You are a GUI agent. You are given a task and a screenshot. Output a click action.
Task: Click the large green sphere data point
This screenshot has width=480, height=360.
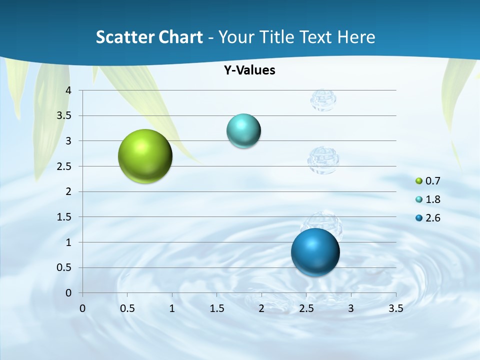145,156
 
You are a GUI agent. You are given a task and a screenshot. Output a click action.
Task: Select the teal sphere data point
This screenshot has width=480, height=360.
243,131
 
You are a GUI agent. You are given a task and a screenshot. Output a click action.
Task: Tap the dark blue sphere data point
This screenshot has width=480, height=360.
315,252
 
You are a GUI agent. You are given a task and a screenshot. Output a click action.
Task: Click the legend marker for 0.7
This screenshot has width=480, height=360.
419,181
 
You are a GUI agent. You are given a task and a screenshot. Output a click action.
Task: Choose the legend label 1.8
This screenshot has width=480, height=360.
432,199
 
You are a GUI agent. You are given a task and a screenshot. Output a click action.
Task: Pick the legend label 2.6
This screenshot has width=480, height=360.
432,218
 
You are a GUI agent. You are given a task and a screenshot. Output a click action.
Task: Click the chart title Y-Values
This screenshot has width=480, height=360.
249,70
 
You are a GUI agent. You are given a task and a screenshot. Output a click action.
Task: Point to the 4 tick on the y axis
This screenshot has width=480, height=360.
68,90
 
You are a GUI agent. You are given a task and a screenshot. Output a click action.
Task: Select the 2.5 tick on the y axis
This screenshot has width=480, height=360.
64,166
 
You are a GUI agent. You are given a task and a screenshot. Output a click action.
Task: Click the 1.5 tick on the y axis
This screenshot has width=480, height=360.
64,217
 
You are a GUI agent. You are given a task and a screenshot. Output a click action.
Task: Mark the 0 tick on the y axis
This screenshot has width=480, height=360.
68,293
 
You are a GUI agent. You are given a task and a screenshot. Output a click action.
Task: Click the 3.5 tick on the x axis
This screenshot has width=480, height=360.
395,308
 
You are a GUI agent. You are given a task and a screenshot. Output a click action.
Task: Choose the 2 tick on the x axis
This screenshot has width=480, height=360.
261,308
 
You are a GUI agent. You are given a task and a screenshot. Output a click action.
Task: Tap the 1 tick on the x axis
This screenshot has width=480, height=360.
172,308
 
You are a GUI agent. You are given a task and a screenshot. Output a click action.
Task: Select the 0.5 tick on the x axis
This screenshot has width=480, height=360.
127,308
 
